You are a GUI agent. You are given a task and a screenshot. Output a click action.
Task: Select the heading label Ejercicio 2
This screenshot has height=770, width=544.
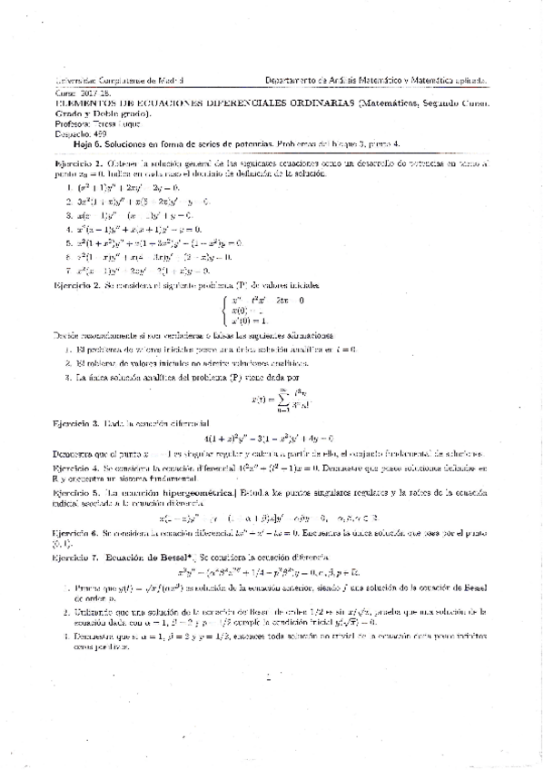click(x=80, y=284)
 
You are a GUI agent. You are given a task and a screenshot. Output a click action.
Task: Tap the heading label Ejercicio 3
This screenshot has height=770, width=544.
click(x=80, y=422)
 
